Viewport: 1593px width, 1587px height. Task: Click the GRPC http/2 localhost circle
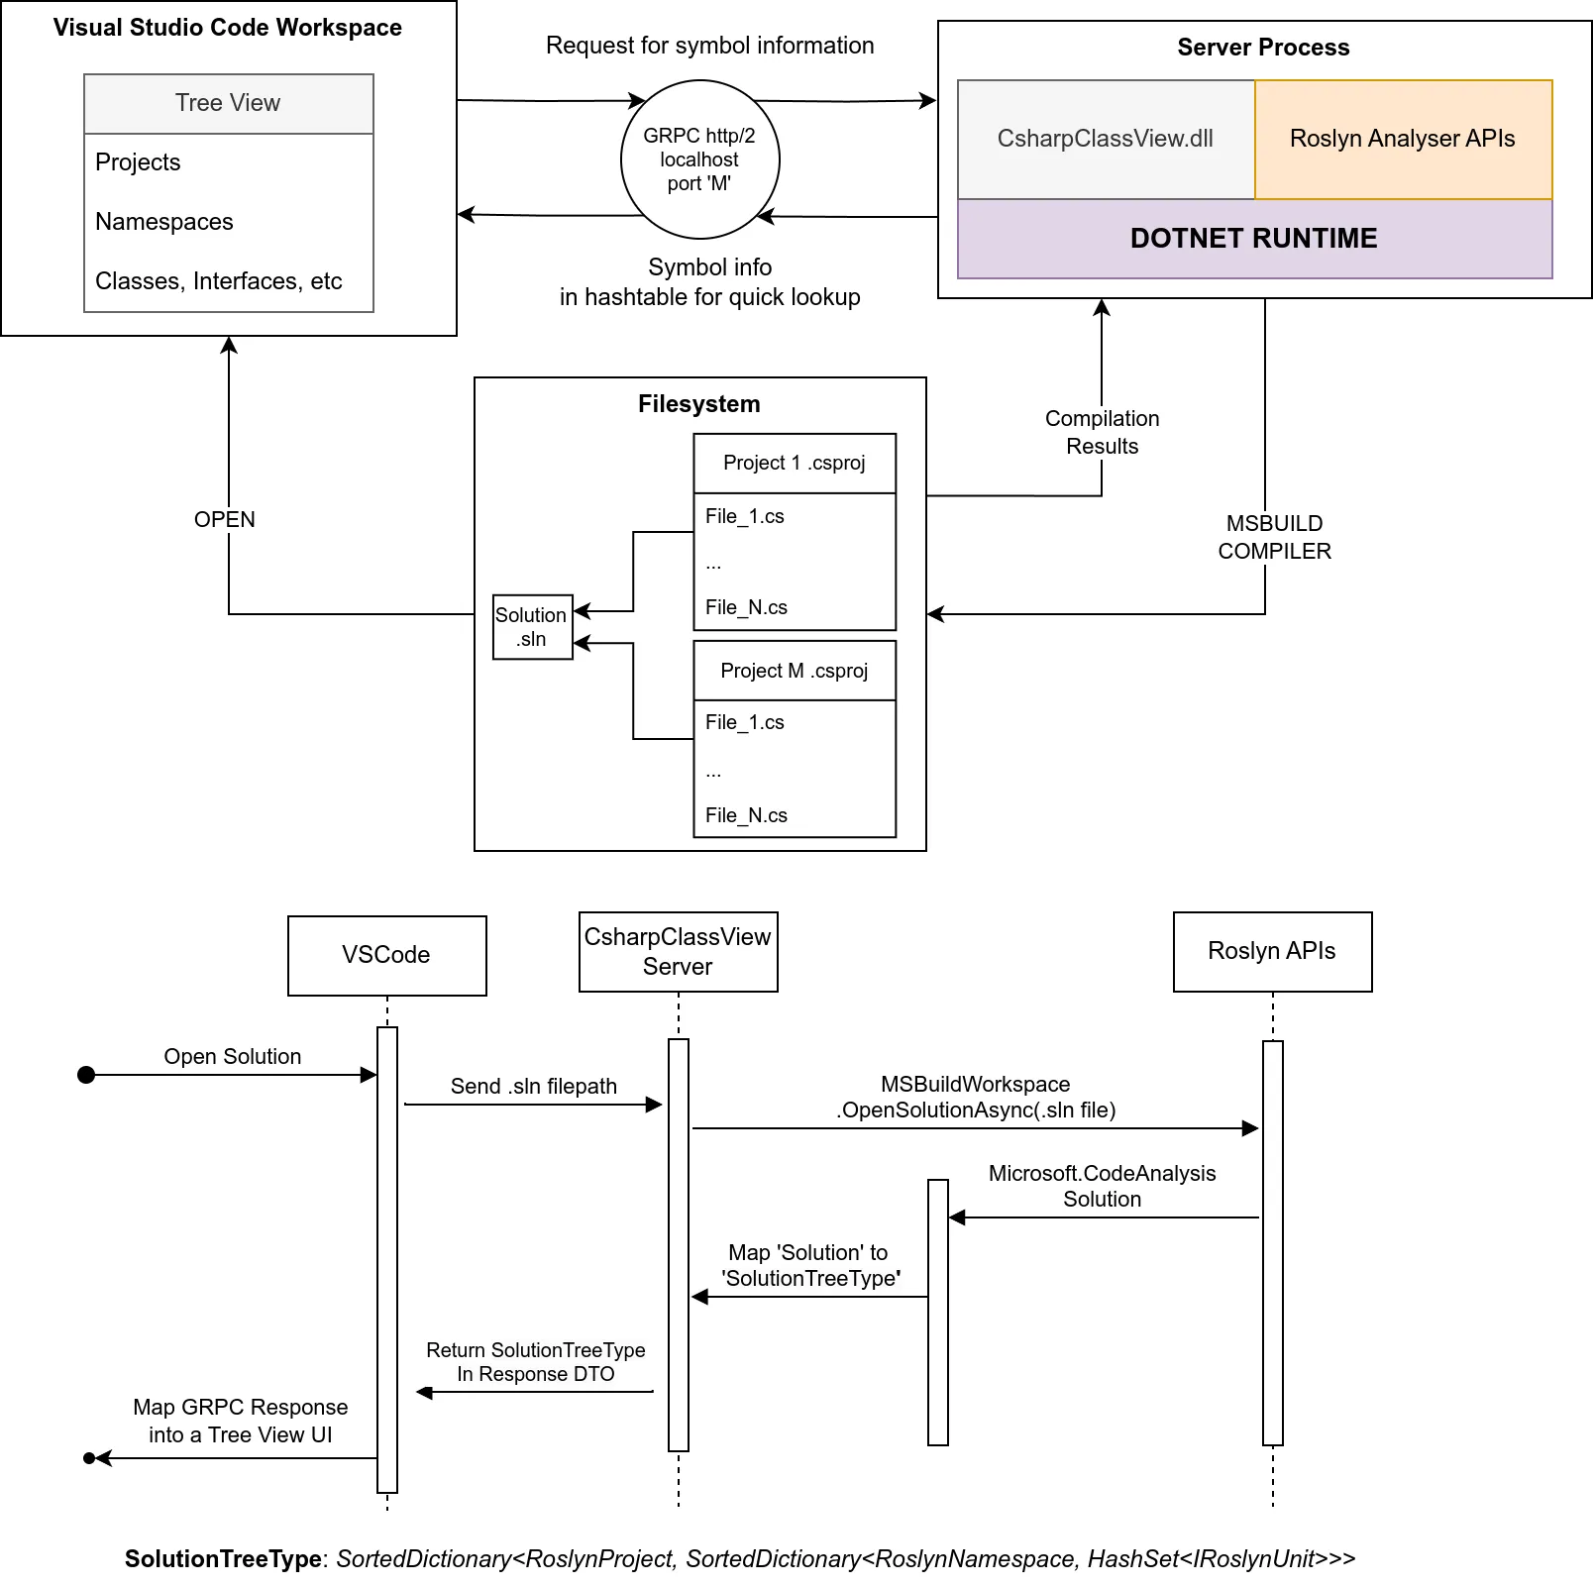(x=699, y=159)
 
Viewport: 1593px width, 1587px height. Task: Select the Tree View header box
(x=228, y=103)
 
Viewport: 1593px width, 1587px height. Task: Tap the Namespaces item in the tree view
(x=164, y=222)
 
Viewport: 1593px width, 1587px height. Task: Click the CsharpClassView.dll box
(x=1105, y=139)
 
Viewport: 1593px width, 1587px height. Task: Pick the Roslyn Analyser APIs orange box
(x=1402, y=139)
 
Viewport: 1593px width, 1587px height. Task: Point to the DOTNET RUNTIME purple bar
(x=1253, y=239)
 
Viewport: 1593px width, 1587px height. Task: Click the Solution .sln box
(x=532, y=626)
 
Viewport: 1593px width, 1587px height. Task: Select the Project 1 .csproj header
(x=794, y=463)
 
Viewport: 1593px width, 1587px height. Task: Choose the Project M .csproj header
(x=794, y=671)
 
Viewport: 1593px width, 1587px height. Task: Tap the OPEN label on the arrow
(x=225, y=519)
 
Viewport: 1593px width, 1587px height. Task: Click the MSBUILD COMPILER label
(x=1274, y=537)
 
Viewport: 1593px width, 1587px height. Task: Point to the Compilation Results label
(x=1102, y=432)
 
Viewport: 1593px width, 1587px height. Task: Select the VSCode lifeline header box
(x=386, y=955)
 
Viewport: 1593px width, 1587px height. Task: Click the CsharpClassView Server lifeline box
(x=678, y=951)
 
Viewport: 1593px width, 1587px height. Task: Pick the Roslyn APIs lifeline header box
(x=1271, y=951)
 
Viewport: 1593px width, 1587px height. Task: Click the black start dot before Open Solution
(x=86, y=1075)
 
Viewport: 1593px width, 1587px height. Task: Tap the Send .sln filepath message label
(x=533, y=1086)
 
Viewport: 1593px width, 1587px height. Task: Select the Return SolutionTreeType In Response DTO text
(x=535, y=1362)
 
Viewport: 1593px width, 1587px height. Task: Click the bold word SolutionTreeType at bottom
(x=223, y=1558)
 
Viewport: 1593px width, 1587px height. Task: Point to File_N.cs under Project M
(x=746, y=815)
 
